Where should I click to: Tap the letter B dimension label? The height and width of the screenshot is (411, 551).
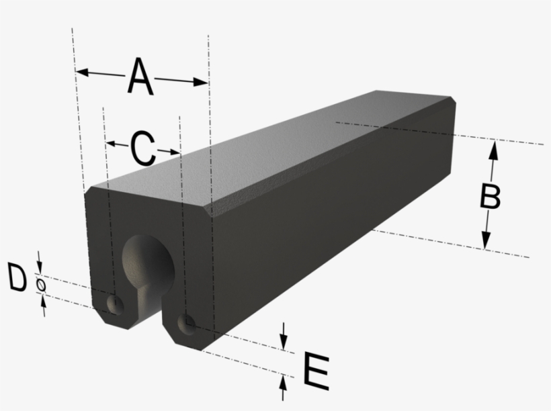(x=490, y=197)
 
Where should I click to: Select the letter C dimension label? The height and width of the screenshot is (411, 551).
(x=142, y=148)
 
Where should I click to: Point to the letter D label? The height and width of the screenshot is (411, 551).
(x=17, y=279)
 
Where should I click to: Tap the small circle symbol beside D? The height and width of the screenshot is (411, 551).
(x=41, y=285)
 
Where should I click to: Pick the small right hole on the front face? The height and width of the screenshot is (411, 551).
(x=186, y=324)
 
